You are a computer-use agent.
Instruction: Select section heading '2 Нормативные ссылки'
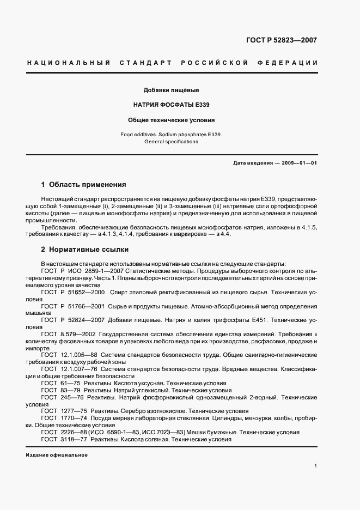pos(85,250)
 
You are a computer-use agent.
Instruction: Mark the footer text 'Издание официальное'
pos(57,455)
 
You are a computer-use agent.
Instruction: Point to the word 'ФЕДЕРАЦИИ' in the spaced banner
pos(291,63)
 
